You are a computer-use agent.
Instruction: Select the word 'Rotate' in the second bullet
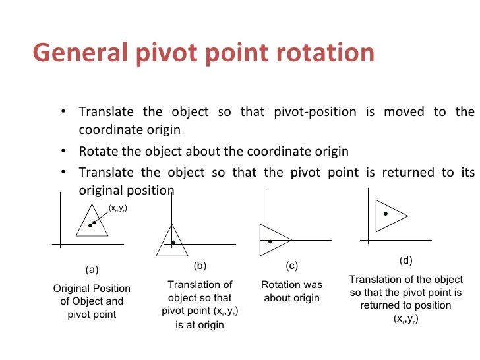click(99, 151)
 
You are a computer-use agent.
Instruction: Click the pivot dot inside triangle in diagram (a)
click(90, 225)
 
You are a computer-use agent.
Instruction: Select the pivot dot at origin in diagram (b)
click(173, 243)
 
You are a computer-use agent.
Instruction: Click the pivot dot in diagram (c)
click(270, 242)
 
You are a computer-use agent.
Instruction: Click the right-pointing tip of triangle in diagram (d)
click(408, 215)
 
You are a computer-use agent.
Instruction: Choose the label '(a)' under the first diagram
click(92, 270)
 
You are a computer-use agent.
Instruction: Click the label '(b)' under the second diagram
click(200, 266)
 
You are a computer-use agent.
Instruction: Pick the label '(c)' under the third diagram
click(291, 266)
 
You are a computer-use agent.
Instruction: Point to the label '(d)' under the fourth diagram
click(406, 260)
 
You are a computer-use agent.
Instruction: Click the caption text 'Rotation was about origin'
click(291, 291)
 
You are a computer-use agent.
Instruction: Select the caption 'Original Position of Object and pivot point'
click(92, 301)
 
